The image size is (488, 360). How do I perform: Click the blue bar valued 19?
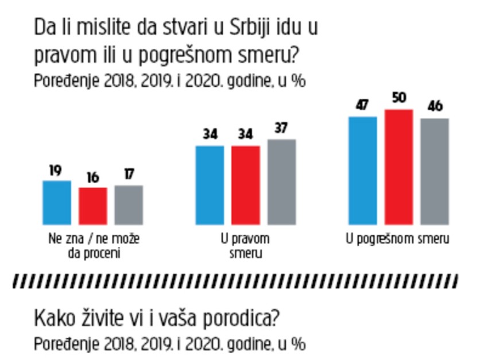coord(57,203)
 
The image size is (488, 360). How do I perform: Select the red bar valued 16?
coord(92,206)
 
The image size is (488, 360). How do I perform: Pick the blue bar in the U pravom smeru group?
coord(210,185)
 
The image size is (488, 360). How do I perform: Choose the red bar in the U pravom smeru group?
coord(245,185)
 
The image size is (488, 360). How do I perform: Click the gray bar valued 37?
coord(281,181)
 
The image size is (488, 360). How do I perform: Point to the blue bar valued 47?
coord(362,170)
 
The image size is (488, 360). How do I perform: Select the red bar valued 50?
coord(398,167)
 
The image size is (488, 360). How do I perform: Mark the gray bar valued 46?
coord(434,171)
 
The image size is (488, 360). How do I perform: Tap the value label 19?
coord(57,171)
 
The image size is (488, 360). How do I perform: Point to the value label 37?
coord(281,129)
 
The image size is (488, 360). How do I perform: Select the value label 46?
coord(435,108)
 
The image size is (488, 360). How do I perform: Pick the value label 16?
coord(92,177)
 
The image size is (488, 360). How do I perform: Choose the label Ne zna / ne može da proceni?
coord(92,244)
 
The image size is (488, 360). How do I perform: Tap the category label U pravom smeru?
coord(246,244)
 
